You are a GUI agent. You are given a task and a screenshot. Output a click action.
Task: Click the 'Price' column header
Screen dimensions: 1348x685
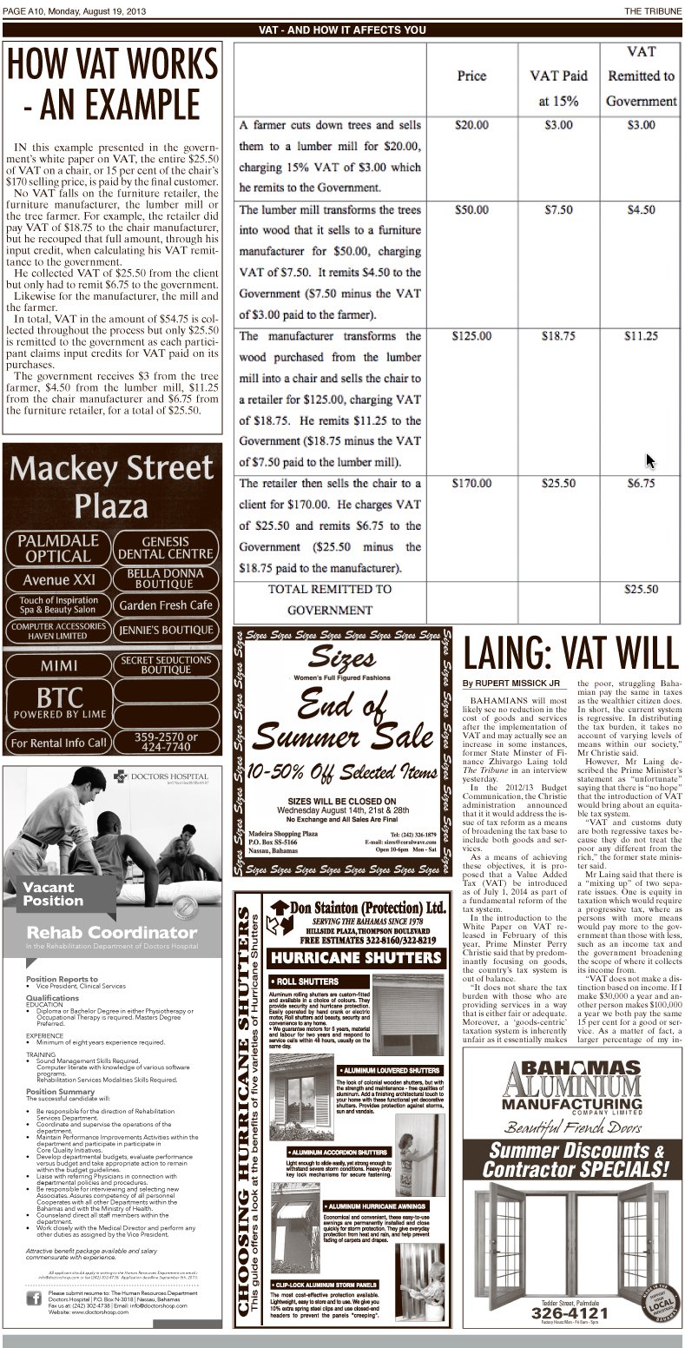point(471,76)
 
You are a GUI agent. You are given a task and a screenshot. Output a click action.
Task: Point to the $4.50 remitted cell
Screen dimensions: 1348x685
point(641,209)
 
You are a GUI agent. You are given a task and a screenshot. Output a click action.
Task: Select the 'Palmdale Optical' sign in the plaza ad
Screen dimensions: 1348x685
point(56,548)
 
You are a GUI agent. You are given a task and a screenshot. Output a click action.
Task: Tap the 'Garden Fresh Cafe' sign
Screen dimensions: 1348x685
point(166,605)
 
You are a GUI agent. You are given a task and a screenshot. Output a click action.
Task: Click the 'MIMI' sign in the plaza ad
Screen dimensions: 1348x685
point(57,666)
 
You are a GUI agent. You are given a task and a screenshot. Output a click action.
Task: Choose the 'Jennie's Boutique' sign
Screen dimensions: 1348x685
point(166,631)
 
